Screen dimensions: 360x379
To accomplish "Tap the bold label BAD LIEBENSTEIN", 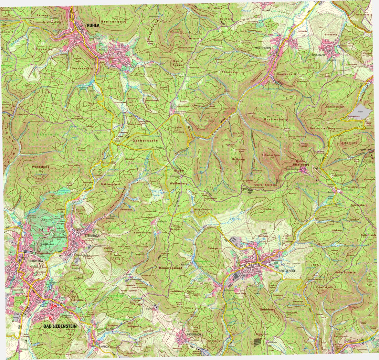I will click(x=60, y=326).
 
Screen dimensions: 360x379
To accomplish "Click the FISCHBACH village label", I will click(x=319, y=55).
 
